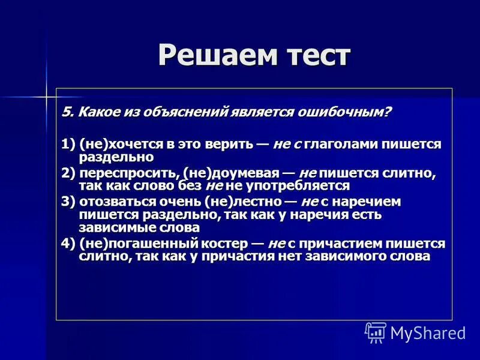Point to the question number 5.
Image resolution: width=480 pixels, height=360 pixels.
pyautogui.click(x=65, y=113)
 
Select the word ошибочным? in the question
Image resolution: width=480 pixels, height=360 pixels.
pyautogui.click(x=344, y=113)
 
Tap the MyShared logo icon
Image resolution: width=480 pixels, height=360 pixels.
pyautogui.click(x=376, y=332)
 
